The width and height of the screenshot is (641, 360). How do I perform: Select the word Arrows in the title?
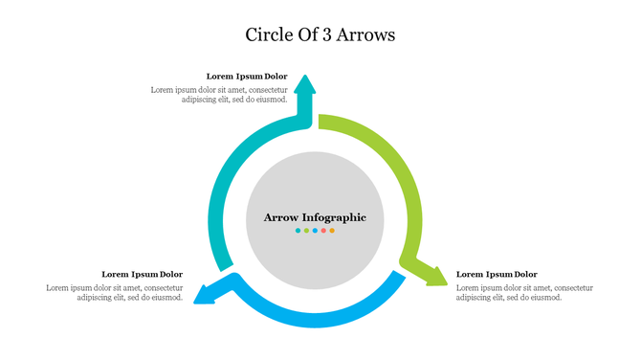point(369,35)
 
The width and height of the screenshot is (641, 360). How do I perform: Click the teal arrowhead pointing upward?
point(304,85)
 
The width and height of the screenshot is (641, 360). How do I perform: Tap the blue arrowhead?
point(206,294)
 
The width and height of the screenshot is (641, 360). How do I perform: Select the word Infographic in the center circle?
point(336,217)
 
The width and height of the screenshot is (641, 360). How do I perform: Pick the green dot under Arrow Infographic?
point(306,231)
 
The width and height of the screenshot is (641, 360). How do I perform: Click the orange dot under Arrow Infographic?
point(332,231)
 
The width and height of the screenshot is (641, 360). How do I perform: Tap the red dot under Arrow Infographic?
point(323,231)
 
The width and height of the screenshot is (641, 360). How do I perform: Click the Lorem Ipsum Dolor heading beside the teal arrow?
point(247,76)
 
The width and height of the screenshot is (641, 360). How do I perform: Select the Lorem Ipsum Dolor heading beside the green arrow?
point(497,274)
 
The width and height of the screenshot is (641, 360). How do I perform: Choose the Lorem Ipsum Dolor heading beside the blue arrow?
point(142,274)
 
